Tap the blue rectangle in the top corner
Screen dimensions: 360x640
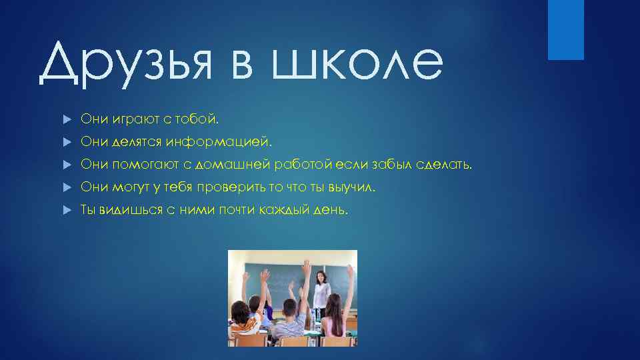565,29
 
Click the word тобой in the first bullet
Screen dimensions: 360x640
199,119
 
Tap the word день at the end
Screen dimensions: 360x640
331,211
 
